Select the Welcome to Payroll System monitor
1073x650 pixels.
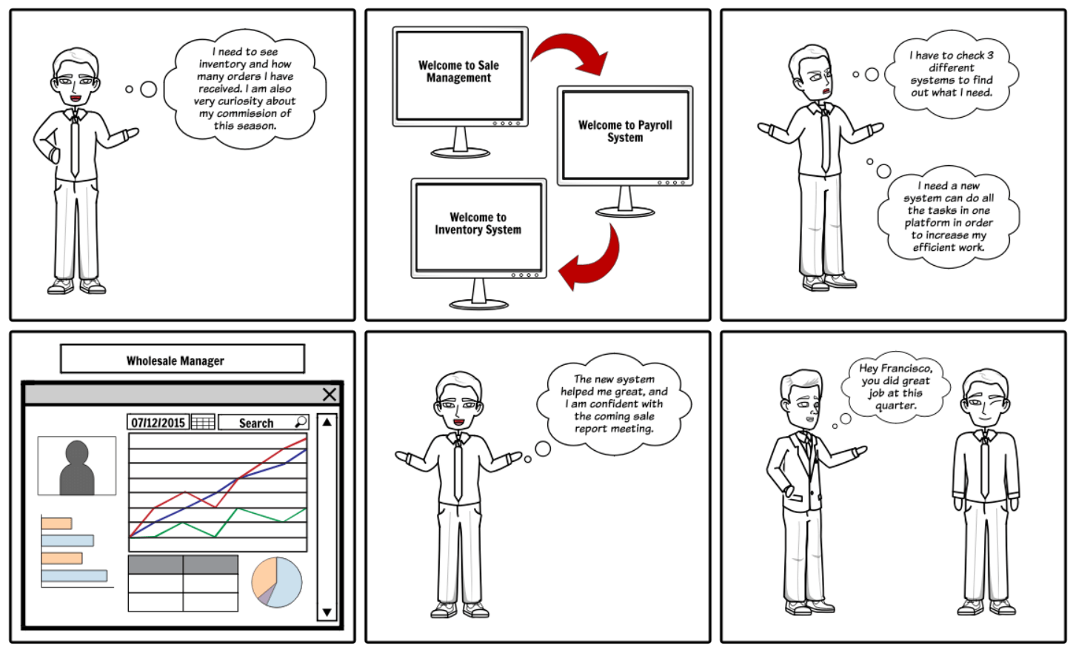tap(625, 133)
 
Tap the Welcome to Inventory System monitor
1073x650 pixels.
tap(478, 225)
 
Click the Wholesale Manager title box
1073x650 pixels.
tap(181, 360)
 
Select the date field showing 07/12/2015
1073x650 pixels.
tap(158, 423)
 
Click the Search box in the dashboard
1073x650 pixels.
tap(256, 423)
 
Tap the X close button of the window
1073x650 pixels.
tap(330, 395)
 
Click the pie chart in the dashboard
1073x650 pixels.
tap(277, 583)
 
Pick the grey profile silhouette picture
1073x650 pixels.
tap(77, 466)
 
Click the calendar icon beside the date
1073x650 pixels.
tap(203, 423)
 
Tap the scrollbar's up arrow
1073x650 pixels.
tap(327, 422)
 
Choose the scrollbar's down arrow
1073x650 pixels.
tap(327, 612)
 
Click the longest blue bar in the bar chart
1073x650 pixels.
tap(74, 575)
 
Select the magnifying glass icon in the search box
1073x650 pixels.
tap(301, 422)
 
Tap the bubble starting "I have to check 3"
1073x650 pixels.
tap(952, 74)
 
